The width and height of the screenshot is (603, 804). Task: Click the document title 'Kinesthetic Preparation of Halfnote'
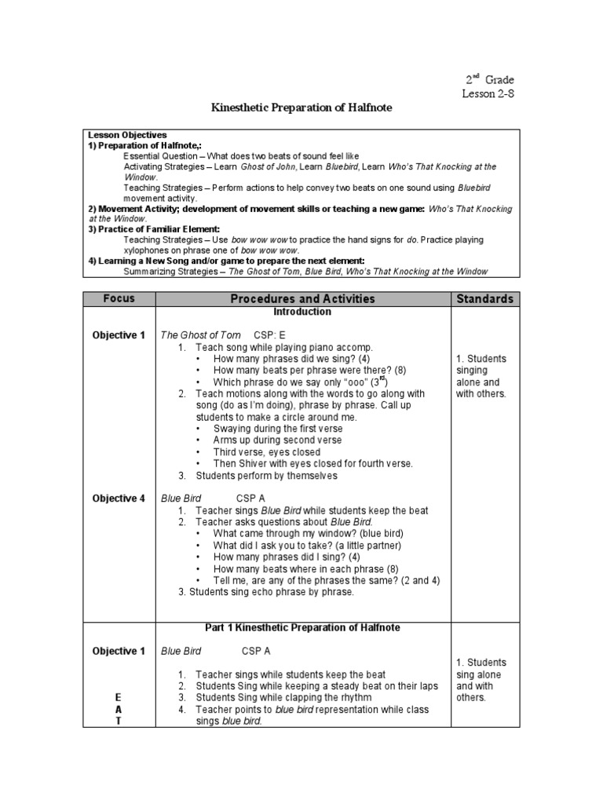(301, 107)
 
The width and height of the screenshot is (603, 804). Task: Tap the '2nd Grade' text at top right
(490, 79)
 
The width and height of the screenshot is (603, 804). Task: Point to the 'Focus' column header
(119, 298)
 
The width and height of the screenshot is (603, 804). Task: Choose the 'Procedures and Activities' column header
(302, 298)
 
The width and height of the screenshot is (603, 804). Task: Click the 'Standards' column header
(484, 298)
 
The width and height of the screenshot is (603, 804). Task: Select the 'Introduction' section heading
(302, 312)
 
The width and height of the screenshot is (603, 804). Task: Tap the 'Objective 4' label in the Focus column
(119, 498)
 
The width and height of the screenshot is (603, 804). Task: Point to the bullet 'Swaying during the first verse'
(278, 429)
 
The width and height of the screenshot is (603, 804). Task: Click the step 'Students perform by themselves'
(266, 476)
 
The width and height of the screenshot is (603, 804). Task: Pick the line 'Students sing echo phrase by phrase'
(265, 592)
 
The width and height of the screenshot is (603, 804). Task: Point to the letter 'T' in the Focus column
(119, 722)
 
